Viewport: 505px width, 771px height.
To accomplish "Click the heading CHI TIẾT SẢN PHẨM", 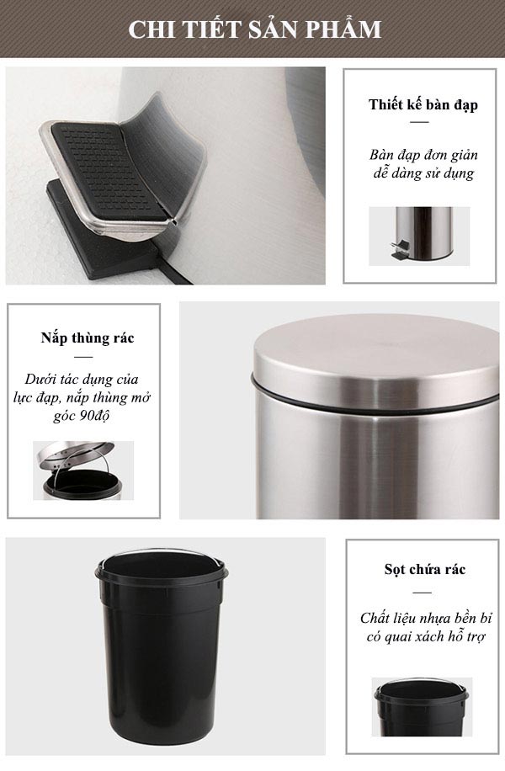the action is [x=255, y=29].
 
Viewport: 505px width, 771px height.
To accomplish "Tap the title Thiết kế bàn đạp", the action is [x=423, y=104].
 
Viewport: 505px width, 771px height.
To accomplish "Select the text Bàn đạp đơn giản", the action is [x=423, y=156].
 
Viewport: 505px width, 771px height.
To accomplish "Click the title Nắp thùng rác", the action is [x=88, y=338].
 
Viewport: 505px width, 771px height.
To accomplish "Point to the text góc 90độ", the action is [x=81, y=416].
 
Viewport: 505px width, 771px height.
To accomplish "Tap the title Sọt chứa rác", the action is [x=425, y=569].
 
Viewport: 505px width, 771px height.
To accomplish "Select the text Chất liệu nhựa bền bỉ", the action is [x=426, y=618].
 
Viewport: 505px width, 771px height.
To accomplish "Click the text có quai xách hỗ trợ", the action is [x=426, y=637].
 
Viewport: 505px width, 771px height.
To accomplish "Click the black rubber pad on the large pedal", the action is [x=107, y=167].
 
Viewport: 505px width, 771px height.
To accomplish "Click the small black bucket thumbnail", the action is [x=422, y=706].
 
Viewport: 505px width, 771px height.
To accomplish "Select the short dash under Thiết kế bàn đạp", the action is [x=419, y=122].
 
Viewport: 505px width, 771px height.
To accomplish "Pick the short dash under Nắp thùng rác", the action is [x=83, y=357].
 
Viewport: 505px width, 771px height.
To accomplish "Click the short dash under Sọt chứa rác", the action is [x=422, y=593].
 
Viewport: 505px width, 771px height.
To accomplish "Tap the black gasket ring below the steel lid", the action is [x=375, y=399].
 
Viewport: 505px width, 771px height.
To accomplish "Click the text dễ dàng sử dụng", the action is [x=423, y=174].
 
